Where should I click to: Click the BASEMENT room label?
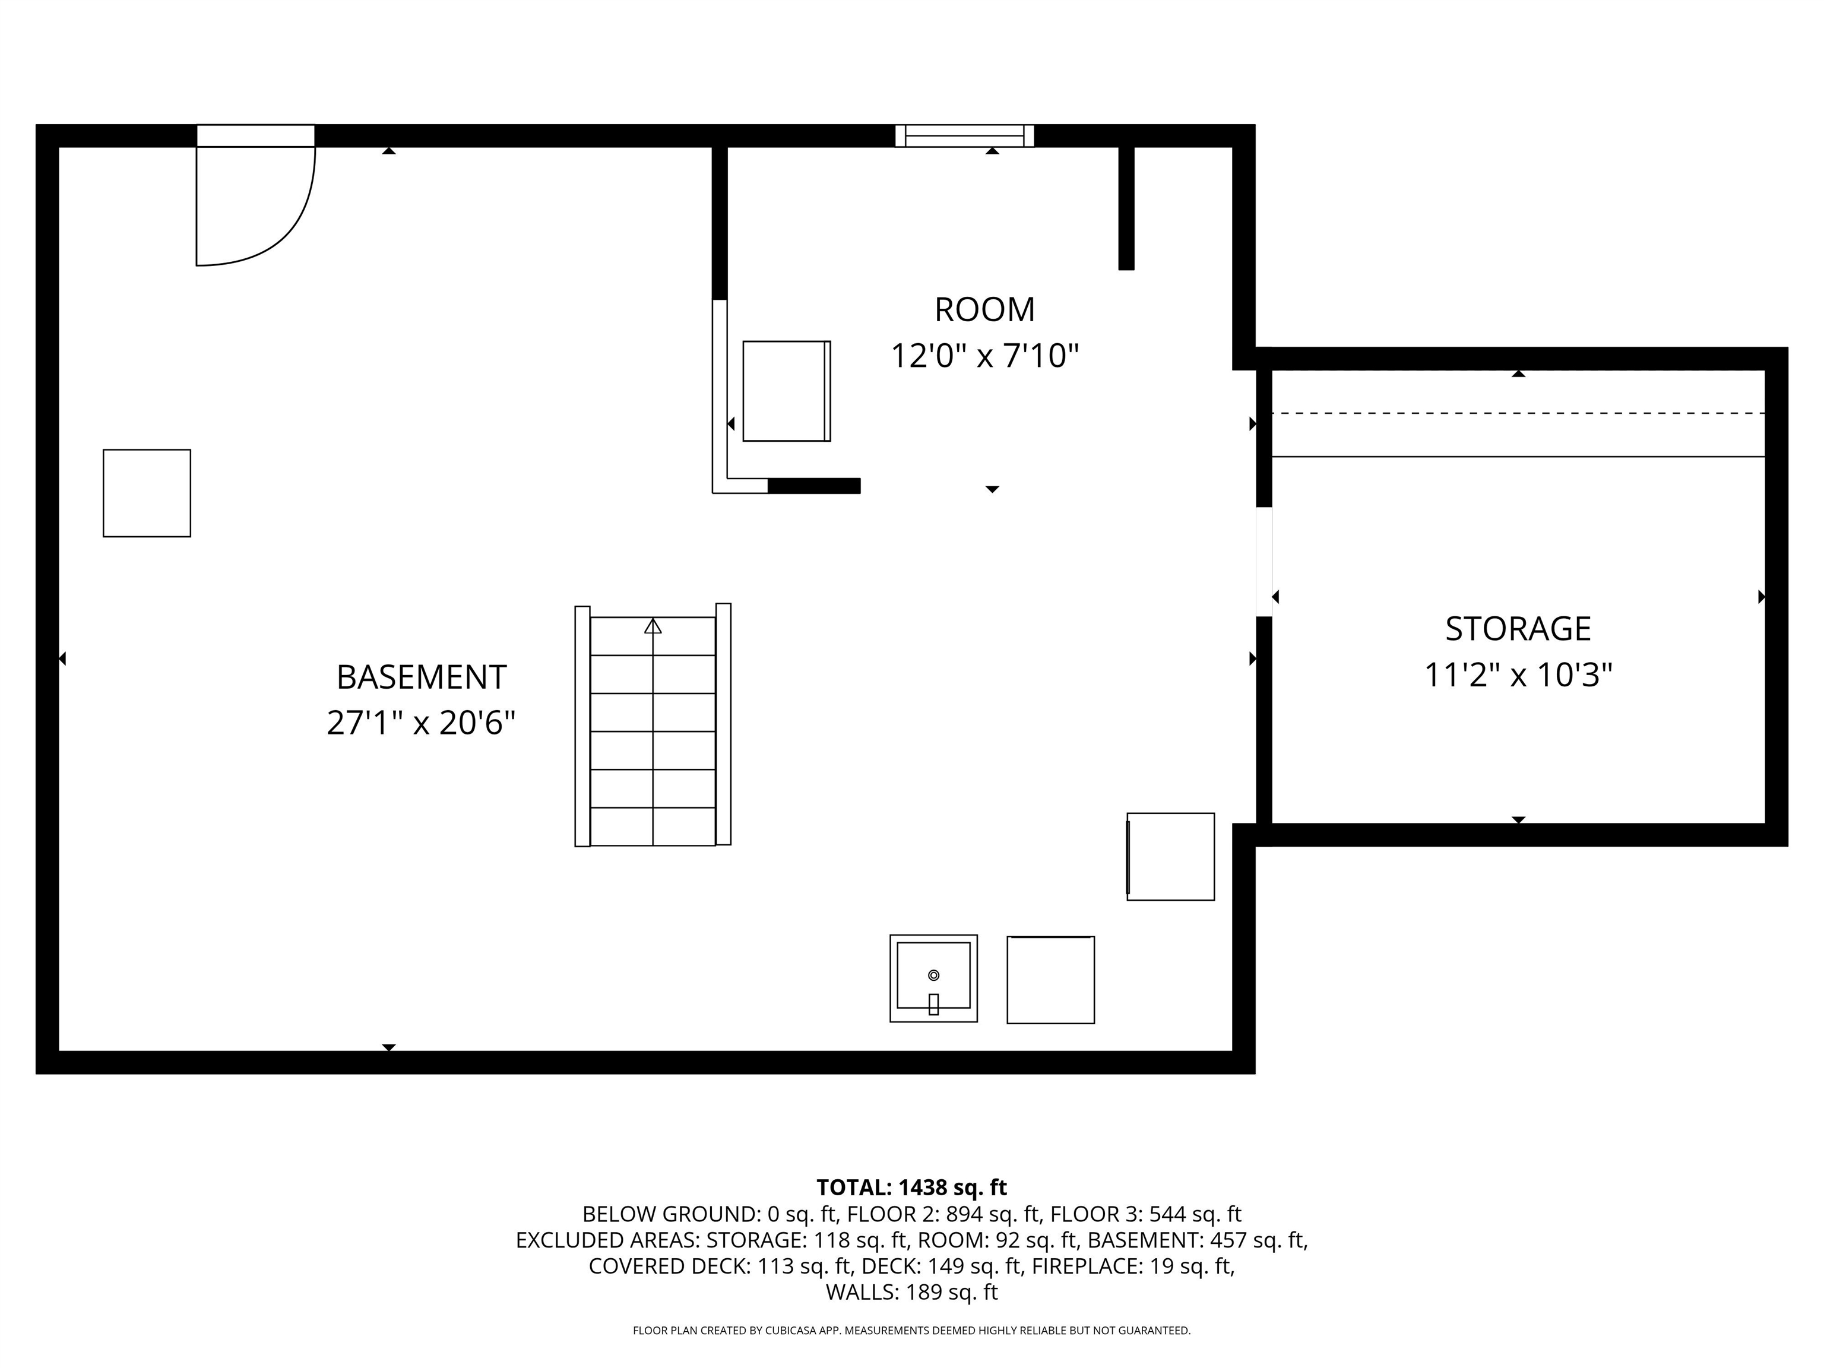(x=422, y=677)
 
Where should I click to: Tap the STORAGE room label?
(x=1518, y=628)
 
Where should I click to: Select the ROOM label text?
(x=984, y=309)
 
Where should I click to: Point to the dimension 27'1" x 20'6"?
(x=422, y=723)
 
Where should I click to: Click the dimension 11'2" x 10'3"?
(x=1518, y=675)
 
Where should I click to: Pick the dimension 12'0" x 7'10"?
(x=984, y=356)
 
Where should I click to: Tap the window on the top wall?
(x=965, y=136)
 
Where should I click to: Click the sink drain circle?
(x=933, y=976)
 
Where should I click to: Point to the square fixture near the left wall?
(x=147, y=493)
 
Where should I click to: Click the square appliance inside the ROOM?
(x=787, y=391)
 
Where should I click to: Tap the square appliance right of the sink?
(x=1050, y=980)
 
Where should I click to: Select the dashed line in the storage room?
(x=1518, y=413)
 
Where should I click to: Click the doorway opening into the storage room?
(x=1264, y=562)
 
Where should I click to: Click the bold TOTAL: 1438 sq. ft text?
(x=911, y=1187)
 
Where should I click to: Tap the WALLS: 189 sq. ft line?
(x=911, y=1292)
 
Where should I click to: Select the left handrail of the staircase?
(x=582, y=727)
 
